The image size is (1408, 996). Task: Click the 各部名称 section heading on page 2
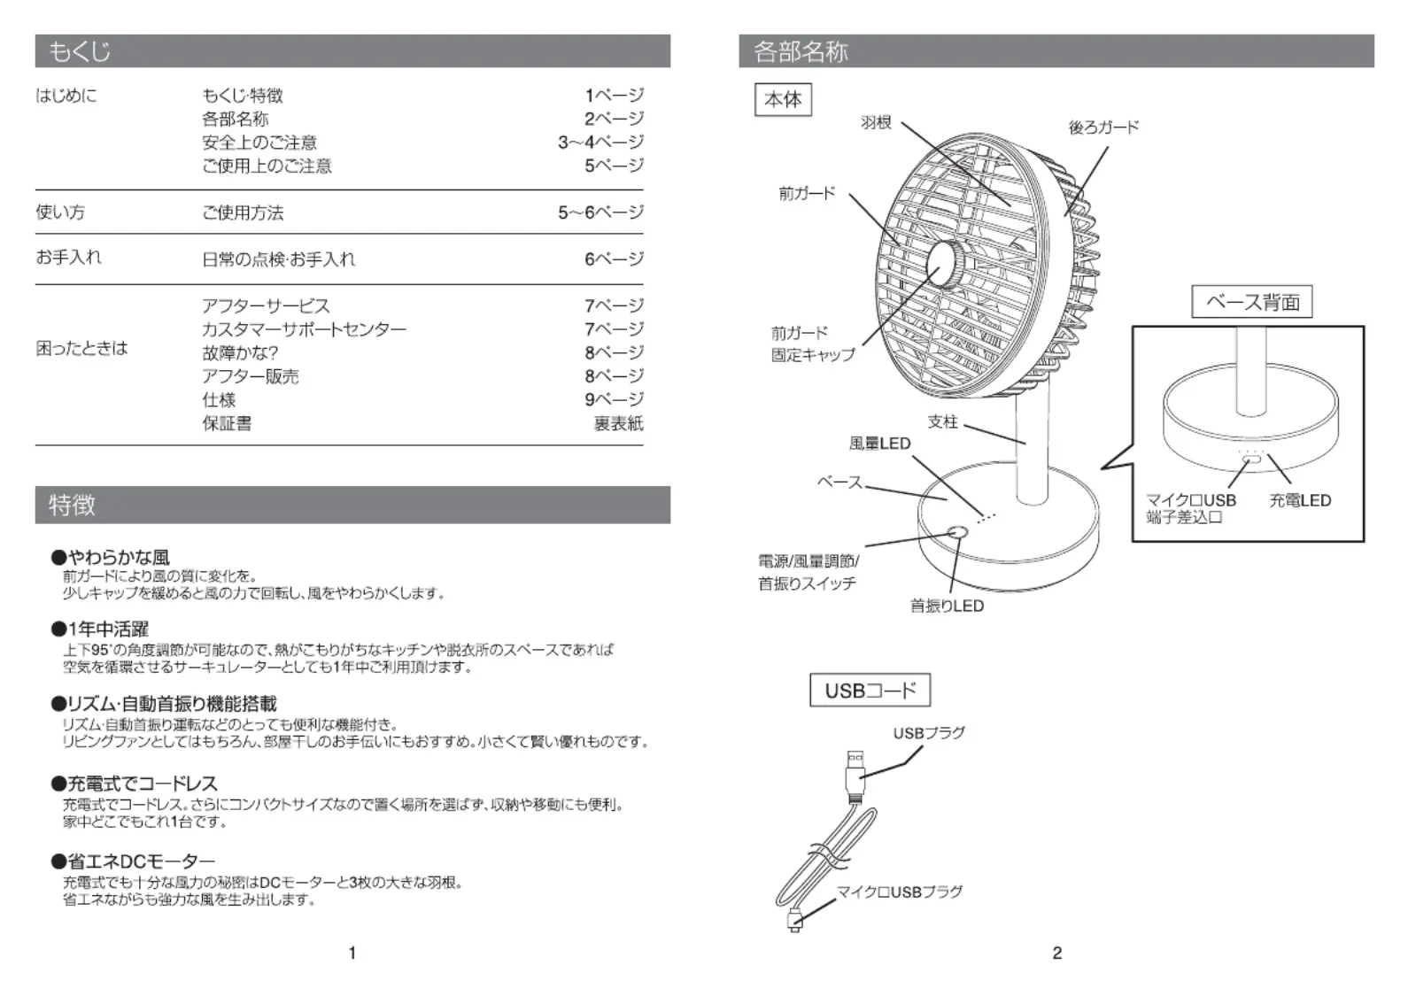(x=801, y=51)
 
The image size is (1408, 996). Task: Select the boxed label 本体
(x=783, y=99)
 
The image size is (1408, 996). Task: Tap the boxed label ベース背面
(x=1251, y=302)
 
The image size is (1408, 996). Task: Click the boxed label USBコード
(x=870, y=690)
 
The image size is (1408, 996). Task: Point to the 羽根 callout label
(x=876, y=122)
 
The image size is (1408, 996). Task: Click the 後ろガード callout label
(x=1103, y=127)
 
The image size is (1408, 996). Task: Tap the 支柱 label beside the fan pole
(x=943, y=421)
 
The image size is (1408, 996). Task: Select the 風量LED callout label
(x=879, y=444)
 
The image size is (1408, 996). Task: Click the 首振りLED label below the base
(x=948, y=606)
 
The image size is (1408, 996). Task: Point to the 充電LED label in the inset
(x=1300, y=501)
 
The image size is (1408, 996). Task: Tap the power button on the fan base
(x=957, y=533)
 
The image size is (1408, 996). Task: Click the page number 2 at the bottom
(x=1057, y=954)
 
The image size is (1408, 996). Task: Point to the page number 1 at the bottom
(x=352, y=954)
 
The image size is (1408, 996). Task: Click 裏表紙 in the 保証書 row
(x=618, y=423)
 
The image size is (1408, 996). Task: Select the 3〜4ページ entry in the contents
(x=601, y=142)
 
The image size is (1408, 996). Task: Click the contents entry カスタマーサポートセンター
(x=305, y=329)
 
